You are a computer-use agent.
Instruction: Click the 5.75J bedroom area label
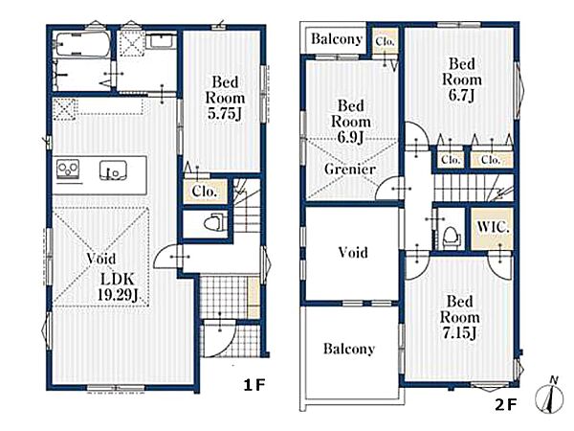point(225,114)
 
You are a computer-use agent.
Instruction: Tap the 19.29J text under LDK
point(118,295)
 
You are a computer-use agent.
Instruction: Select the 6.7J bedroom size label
point(462,95)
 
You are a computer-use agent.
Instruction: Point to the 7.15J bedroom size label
point(459,332)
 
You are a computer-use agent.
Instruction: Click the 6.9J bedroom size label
point(350,137)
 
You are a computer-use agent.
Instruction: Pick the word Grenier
point(350,169)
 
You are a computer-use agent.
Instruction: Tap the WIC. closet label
point(493,227)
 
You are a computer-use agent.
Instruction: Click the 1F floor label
point(254,385)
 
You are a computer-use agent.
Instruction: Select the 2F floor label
point(505,404)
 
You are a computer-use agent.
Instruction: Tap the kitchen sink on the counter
point(114,170)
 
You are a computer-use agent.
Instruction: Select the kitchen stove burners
point(68,170)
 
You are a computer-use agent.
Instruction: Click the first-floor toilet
point(212,223)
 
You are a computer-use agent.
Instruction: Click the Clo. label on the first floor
point(205,191)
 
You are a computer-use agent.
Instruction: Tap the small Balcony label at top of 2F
point(337,39)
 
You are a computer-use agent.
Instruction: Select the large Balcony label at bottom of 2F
point(349,349)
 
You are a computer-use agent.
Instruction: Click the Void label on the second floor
point(353,253)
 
